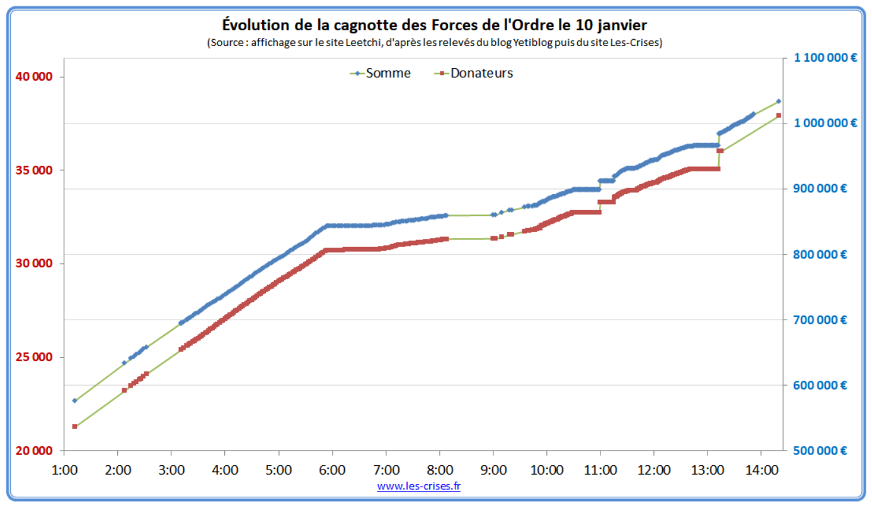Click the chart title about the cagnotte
point(434,25)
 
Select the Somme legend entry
point(381,73)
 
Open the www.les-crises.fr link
point(419,486)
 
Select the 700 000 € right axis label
point(820,320)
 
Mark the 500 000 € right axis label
point(820,451)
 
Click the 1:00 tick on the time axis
point(64,470)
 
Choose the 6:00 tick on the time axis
point(332,470)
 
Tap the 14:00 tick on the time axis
point(761,470)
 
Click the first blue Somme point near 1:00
point(74,400)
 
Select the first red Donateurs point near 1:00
point(74,427)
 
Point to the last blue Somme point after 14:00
point(779,101)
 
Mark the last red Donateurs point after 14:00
point(779,115)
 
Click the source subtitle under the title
point(434,43)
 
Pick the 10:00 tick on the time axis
point(546,470)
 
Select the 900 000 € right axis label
point(820,189)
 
